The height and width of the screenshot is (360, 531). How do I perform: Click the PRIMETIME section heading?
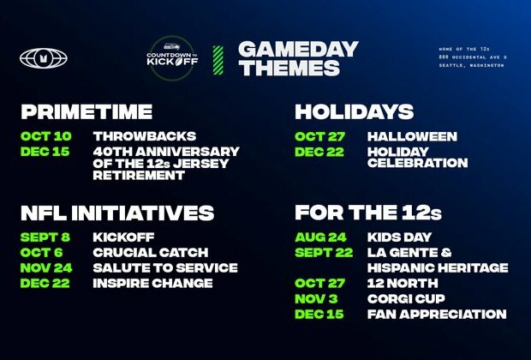[x=87, y=111]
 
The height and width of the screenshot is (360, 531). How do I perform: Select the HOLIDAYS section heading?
[x=354, y=111]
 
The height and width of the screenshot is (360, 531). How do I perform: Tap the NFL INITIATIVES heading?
[x=117, y=213]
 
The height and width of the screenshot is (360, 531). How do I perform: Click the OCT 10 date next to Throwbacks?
[x=46, y=136]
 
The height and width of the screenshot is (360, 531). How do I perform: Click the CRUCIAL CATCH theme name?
[x=152, y=253]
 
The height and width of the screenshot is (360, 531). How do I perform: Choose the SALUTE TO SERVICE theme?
[x=164, y=268]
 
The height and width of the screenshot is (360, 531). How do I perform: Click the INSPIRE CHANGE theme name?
[x=152, y=284]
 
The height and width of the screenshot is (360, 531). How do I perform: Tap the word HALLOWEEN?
[x=412, y=136]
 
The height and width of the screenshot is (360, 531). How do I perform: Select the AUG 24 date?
[x=321, y=237]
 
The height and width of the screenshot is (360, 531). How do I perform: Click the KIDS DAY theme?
[x=399, y=237]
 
